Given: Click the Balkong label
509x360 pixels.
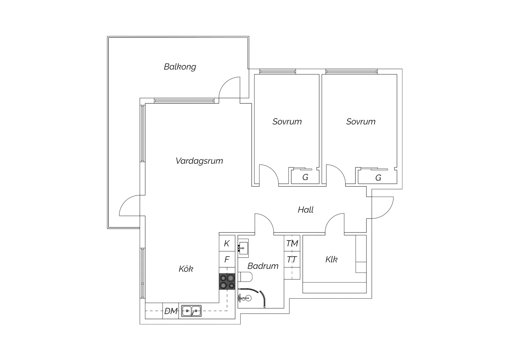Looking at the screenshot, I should [x=180, y=67].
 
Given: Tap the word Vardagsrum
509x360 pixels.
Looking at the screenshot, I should [x=199, y=161].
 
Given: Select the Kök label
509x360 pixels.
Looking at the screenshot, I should [x=186, y=269].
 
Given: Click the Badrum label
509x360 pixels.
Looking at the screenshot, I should [x=263, y=266].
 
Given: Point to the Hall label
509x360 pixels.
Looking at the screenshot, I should [x=305, y=210].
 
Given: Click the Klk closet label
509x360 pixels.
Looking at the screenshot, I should [x=331, y=259].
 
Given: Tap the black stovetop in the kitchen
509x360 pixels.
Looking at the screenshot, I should [x=227, y=282].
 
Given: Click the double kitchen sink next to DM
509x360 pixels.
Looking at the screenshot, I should [x=191, y=311].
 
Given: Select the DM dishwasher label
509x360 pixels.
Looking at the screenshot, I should [x=171, y=311].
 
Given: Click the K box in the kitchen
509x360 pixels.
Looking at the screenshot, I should [x=227, y=244].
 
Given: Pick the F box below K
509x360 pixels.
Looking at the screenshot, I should [x=227, y=260].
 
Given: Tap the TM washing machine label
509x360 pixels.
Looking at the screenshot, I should [x=292, y=244].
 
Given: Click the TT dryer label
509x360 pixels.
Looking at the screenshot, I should [x=292, y=260].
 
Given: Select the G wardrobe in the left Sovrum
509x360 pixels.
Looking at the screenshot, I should [x=305, y=178].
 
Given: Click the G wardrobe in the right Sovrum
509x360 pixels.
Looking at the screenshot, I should [x=378, y=178].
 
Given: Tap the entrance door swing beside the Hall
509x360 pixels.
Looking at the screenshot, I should [x=383, y=207].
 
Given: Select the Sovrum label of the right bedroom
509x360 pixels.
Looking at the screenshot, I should [x=361, y=122].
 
